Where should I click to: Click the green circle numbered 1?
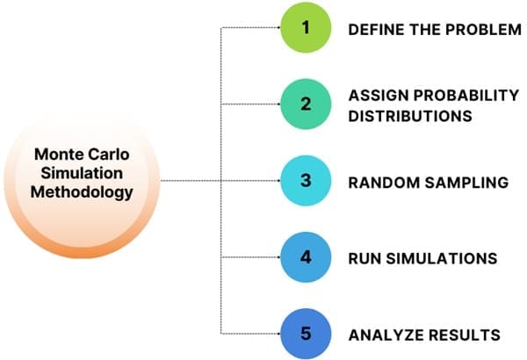[x=306, y=28]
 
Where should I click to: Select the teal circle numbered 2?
[x=306, y=104]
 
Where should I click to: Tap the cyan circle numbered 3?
[x=306, y=182]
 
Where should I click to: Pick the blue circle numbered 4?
[x=306, y=258]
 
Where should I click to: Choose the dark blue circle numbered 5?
[x=306, y=334]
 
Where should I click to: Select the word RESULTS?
[x=461, y=335]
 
